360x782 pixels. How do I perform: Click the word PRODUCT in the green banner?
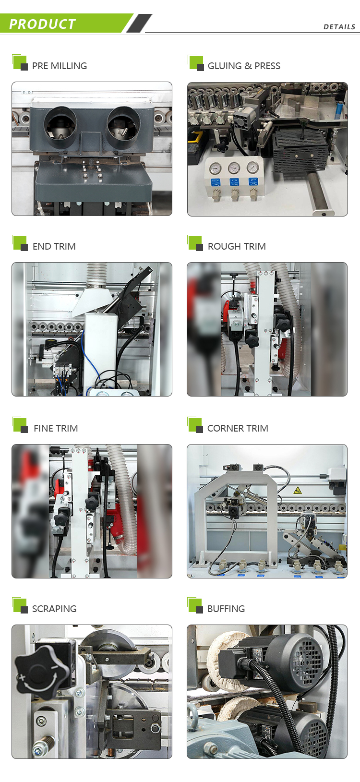pyautogui.click(x=42, y=24)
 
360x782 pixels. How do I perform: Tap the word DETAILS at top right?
pyautogui.click(x=339, y=27)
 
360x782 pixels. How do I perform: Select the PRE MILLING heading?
pyautogui.click(x=60, y=66)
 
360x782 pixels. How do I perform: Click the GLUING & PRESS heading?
pyautogui.click(x=244, y=66)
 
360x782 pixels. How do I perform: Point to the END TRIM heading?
pyautogui.click(x=54, y=246)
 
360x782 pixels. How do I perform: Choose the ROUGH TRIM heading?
pyautogui.click(x=237, y=246)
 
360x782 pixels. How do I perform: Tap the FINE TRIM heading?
pyautogui.click(x=56, y=428)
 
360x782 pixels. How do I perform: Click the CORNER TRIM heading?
pyautogui.click(x=238, y=428)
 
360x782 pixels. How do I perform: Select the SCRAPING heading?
pyautogui.click(x=54, y=609)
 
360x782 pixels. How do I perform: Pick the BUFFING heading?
pyautogui.click(x=226, y=609)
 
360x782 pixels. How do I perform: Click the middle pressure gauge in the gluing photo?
pyautogui.click(x=234, y=168)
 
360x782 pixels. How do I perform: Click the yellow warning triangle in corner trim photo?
pyautogui.click(x=297, y=490)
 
